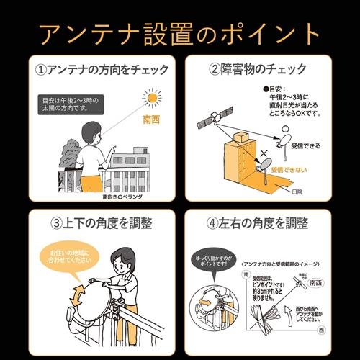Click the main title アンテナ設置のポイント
coord(180,32)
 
